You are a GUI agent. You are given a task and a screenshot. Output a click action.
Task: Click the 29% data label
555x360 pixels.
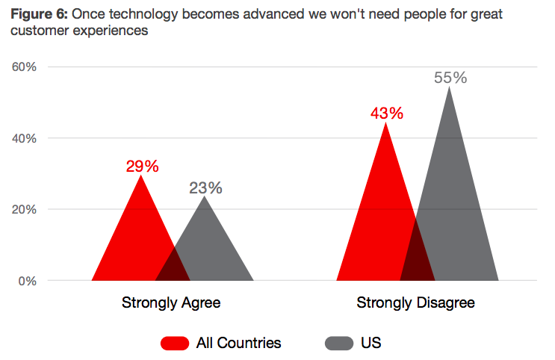[142, 167]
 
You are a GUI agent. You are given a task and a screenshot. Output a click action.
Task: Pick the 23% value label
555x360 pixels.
[205, 188]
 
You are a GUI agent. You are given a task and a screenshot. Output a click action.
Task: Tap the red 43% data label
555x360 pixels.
[386, 114]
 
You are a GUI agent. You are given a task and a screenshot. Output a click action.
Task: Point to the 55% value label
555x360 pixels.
[450, 78]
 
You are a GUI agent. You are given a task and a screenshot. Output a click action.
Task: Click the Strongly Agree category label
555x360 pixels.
[171, 303]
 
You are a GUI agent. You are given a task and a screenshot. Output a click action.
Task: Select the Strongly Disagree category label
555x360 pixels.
[416, 303]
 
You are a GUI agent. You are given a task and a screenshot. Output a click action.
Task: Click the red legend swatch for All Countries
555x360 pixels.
[174, 343]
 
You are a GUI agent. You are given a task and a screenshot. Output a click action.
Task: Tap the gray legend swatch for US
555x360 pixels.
[338, 343]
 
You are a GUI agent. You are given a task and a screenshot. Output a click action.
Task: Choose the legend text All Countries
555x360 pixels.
[238, 343]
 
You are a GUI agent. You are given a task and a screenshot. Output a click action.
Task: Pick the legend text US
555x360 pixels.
[371, 343]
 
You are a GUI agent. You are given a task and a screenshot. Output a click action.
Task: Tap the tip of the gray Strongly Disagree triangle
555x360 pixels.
[450, 87]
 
